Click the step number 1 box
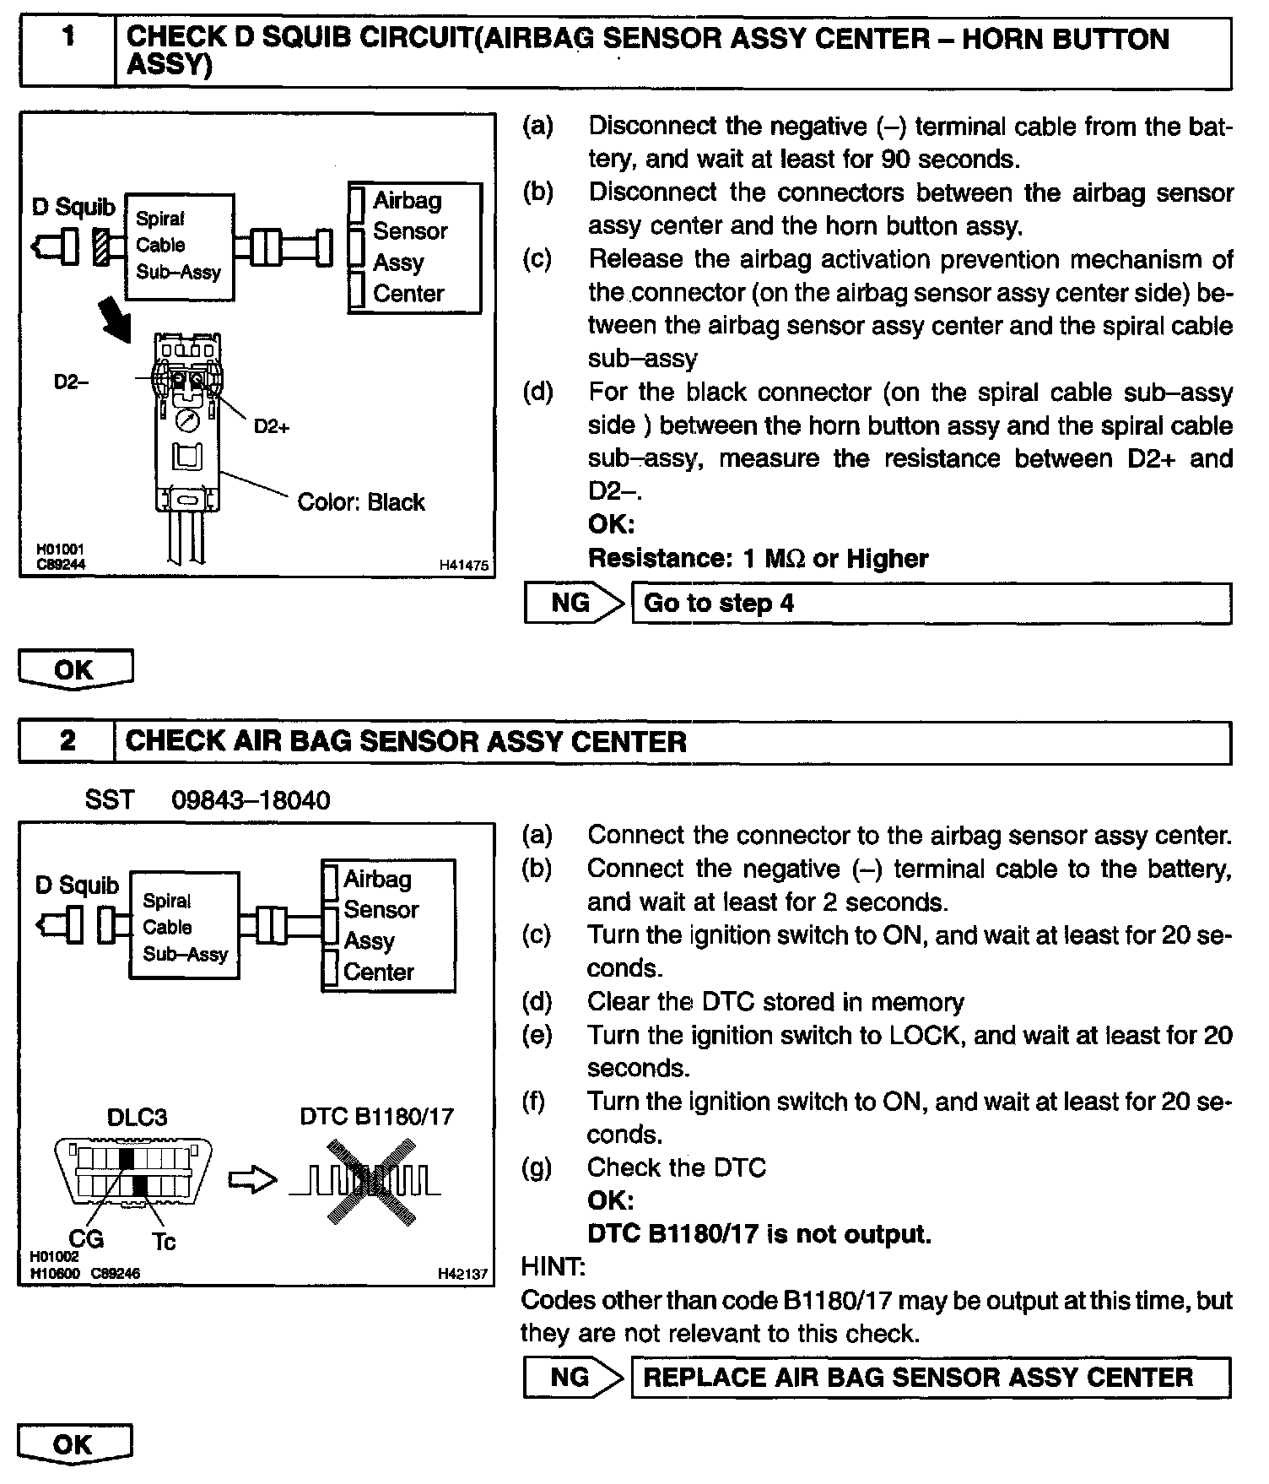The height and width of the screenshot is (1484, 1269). (x=67, y=52)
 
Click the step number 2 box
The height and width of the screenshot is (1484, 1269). (x=67, y=742)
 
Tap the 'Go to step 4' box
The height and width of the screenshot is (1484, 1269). (x=931, y=604)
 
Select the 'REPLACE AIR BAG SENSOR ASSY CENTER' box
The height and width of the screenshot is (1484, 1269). (x=931, y=1378)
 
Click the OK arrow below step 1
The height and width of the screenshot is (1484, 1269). (x=75, y=669)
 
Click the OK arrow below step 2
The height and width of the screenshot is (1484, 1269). (x=75, y=1444)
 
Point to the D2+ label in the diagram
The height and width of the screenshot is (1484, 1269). (x=272, y=427)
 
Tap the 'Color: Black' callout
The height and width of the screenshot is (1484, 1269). (x=360, y=502)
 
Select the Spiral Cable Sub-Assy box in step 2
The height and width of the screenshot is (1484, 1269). (x=185, y=927)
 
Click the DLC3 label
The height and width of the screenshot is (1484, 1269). (x=137, y=1118)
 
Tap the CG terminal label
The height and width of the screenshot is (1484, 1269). (x=86, y=1238)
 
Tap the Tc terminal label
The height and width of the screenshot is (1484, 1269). (x=164, y=1241)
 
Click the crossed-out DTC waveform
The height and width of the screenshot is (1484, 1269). (x=367, y=1180)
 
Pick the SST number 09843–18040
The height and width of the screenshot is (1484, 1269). (x=251, y=800)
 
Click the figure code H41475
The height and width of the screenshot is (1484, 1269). (x=463, y=566)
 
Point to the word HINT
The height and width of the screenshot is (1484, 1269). (x=553, y=1267)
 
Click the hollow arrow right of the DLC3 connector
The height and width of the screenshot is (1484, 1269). (x=252, y=1180)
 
